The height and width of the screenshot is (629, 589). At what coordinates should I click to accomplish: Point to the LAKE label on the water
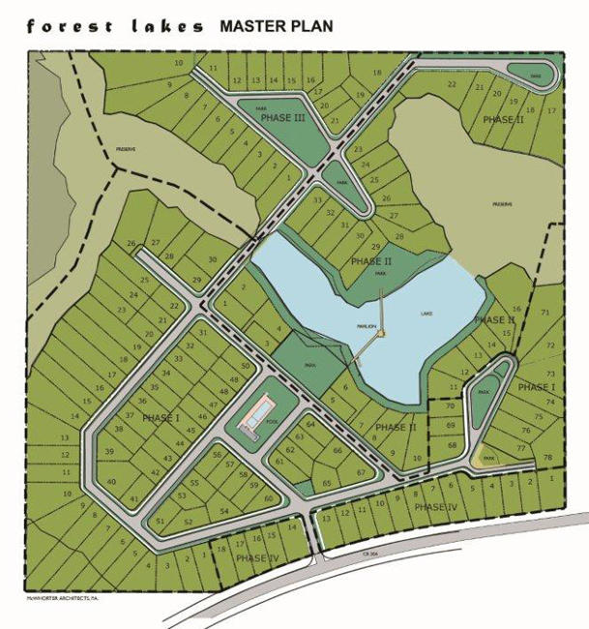(x=427, y=314)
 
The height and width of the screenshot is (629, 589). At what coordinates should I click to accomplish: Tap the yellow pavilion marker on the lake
(x=382, y=334)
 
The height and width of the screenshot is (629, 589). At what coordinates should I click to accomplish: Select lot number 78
(x=547, y=457)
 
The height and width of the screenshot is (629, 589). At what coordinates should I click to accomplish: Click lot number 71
(x=545, y=313)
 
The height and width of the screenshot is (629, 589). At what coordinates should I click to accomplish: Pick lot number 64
(x=310, y=424)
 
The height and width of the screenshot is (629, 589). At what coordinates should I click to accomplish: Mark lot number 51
(x=161, y=521)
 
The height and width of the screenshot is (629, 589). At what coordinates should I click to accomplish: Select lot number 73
(x=551, y=373)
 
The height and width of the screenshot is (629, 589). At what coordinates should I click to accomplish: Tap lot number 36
(x=142, y=401)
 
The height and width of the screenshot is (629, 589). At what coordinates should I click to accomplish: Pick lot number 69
(x=450, y=425)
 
